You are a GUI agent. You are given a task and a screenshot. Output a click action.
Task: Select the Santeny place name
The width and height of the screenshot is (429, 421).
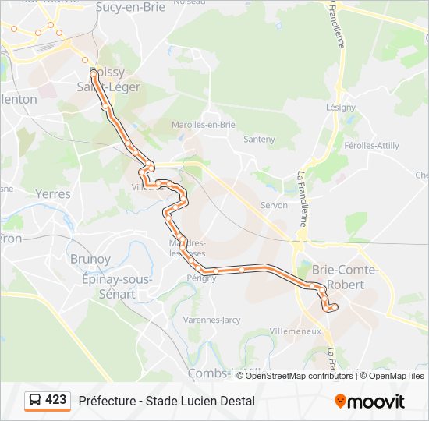point(259,140)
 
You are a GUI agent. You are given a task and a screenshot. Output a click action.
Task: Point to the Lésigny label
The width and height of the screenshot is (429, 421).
point(341,107)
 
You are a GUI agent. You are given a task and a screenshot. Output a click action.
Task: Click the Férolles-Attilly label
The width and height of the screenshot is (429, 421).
point(372,146)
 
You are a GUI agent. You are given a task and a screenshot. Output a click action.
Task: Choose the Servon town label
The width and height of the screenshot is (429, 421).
point(274,205)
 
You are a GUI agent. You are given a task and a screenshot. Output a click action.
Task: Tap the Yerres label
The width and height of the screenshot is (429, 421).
point(53,194)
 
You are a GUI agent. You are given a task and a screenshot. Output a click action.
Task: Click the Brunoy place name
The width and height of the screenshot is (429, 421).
point(90,259)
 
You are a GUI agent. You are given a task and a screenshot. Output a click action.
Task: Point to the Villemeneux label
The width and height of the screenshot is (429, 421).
point(295,331)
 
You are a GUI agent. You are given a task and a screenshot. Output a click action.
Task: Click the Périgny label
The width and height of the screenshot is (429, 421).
point(201,278)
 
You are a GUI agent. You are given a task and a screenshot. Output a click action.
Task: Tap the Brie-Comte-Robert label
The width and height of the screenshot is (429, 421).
point(344,277)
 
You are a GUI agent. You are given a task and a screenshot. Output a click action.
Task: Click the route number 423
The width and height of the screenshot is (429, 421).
point(55,400)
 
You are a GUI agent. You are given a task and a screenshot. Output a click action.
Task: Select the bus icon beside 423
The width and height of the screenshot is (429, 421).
point(35,401)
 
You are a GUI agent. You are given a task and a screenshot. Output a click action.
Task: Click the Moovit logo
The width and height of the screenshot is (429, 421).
point(370,401)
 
